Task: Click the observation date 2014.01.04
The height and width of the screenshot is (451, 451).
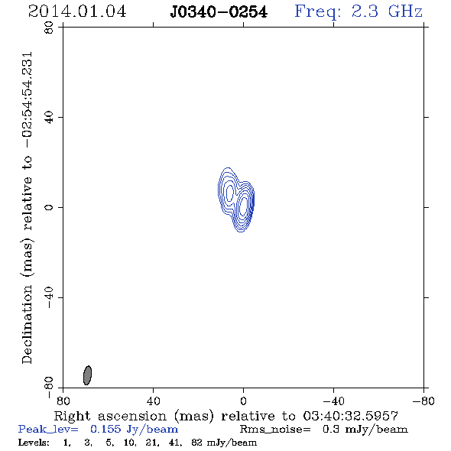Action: tap(77, 11)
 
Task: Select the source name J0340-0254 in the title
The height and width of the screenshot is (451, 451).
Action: tap(219, 12)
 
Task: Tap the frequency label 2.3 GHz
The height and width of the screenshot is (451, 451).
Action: tap(387, 11)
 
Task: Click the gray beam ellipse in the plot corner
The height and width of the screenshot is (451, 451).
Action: tap(87, 375)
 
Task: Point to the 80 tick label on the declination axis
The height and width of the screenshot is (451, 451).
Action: tap(49, 28)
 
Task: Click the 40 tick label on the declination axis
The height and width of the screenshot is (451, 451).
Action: tap(49, 118)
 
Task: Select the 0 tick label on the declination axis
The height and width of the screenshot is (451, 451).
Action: tap(49, 207)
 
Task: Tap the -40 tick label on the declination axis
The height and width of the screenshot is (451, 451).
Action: tap(49, 297)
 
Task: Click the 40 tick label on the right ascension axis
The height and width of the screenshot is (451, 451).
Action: tap(154, 401)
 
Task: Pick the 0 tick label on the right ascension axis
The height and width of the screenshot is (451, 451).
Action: tap(243, 401)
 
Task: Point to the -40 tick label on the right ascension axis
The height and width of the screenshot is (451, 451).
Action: tap(333, 401)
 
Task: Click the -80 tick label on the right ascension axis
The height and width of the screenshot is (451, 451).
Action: tap(423, 401)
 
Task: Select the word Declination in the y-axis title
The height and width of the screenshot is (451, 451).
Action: tap(27, 324)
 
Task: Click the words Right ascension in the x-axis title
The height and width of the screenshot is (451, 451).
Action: tap(110, 416)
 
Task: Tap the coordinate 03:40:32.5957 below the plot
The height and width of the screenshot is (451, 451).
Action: tap(351, 416)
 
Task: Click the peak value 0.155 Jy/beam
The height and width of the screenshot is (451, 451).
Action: tap(134, 429)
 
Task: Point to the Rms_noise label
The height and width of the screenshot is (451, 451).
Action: tap(275, 430)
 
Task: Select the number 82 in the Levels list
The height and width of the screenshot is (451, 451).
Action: tap(196, 443)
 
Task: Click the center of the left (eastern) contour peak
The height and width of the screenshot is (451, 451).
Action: tap(229, 193)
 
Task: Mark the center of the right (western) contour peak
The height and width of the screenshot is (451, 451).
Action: tap(243, 205)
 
